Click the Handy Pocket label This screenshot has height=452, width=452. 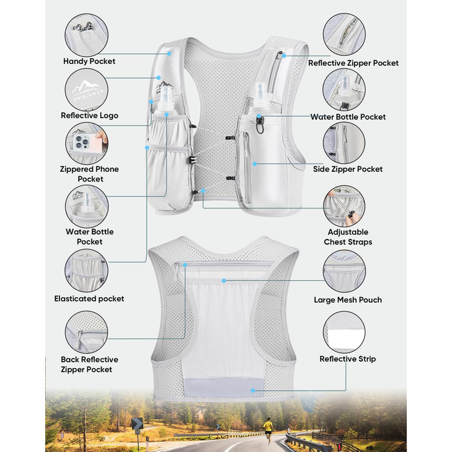tap(89, 61)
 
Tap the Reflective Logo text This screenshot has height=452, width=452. tap(89, 116)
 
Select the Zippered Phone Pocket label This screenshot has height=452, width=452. tap(89, 174)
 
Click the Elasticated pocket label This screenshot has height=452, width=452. tap(89, 298)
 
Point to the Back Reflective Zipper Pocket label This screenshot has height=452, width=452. tap(89, 364)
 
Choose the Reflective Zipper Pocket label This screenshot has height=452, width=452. tap(353, 63)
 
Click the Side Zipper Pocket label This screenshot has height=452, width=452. tap(348, 169)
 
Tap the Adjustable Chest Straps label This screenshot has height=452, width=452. tap(348, 237)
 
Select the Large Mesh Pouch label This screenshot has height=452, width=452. tap(348, 300)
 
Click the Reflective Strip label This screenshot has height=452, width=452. tap(347, 359)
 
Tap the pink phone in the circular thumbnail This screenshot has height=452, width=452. tap(87, 143)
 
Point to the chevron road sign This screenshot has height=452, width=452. tap(137, 424)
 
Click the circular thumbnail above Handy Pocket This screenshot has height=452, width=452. tap(87, 35)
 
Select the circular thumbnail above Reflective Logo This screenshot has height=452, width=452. tap(87, 90)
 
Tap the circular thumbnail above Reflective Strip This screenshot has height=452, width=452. tap(344, 333)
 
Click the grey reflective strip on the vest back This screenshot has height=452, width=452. tap(224, 387)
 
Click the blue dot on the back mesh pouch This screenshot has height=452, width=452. tap(223, 280)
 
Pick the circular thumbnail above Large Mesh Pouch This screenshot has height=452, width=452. tap(344, 271)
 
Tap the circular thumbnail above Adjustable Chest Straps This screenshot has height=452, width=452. tap(344, 207)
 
